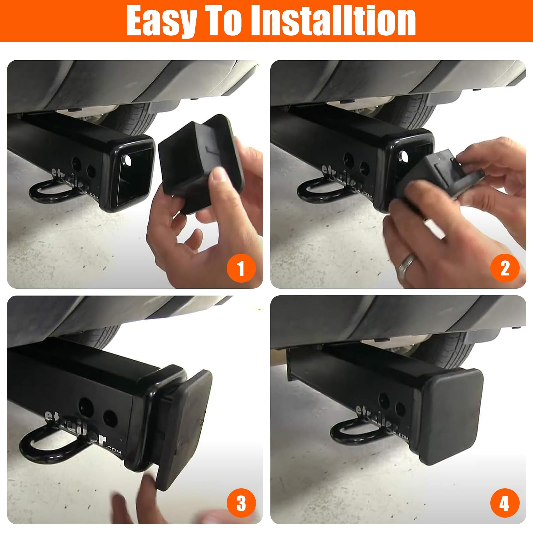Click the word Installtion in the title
pos(333,21)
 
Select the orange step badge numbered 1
pos(241,268)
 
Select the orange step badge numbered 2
pos(505,268)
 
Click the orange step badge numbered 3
pos(241,503)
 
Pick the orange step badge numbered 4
pos(505,503)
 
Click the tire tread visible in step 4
pos(456,350)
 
